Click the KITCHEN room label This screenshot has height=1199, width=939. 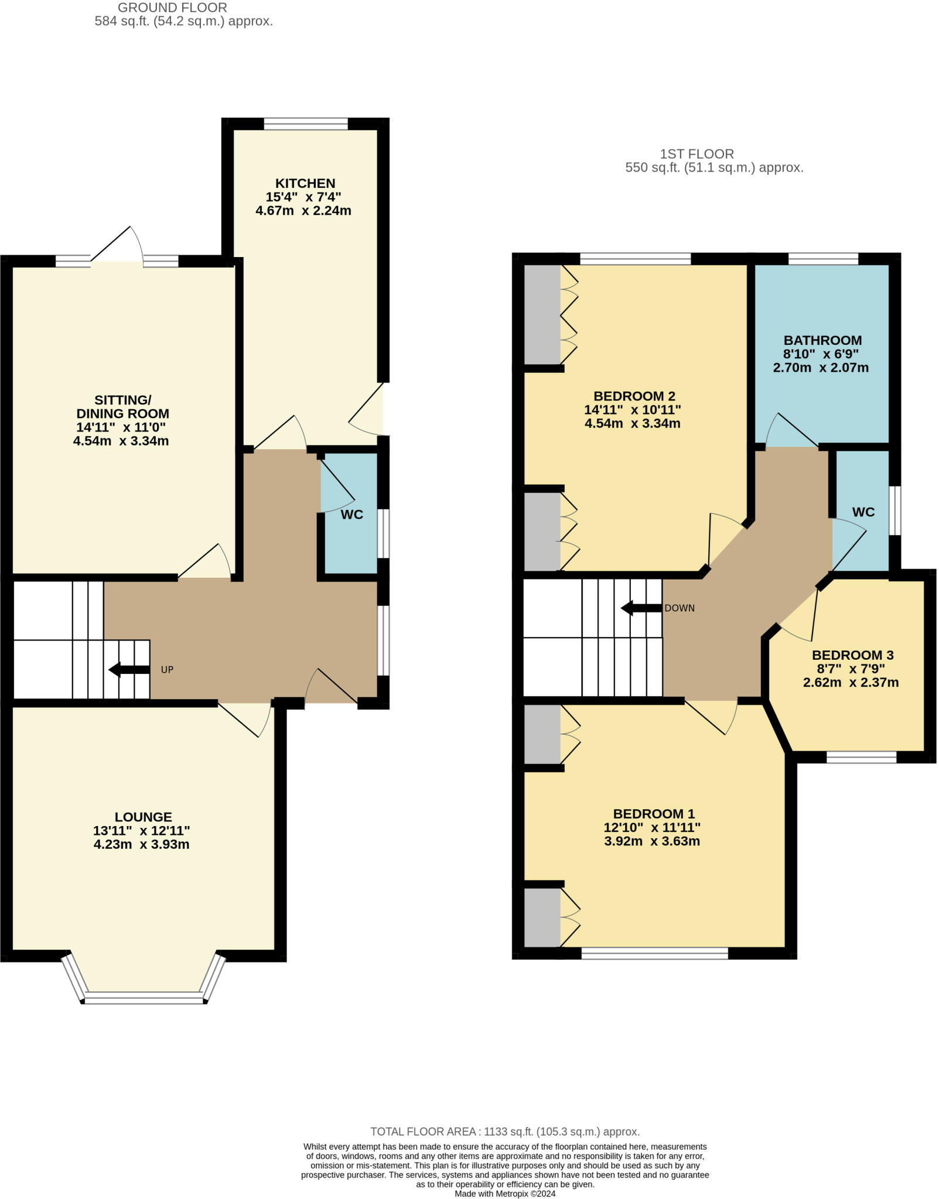coord(305,183)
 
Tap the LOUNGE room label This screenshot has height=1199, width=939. coord(144,817)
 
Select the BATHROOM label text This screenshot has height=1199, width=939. coord(822,340)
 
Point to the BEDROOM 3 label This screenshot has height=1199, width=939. coord(852,655)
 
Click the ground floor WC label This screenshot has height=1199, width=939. coord(352,515)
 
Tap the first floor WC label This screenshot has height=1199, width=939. coord(863,512)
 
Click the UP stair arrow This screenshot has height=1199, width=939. coord(129,670)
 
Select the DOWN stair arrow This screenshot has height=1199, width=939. coord(641,608)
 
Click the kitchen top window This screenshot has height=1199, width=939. coord(306,124)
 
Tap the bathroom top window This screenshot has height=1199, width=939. coord(823,259)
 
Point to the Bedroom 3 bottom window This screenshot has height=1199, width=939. coord(861,757)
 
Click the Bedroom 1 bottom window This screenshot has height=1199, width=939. coord(654,953)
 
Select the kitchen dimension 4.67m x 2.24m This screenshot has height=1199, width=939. coord(303,211)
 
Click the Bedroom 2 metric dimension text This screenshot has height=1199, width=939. coord(633,423)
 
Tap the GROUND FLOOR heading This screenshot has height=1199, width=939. coord(172,8)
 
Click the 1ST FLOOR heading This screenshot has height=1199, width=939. coord(696,154)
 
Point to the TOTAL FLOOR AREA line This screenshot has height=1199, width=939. coord(505,1132)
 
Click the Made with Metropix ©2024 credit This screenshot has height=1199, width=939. coord(505,1194)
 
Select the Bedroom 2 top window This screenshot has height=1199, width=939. coord(636,259)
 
